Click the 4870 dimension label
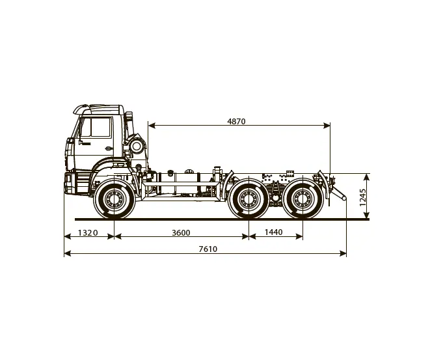(236, 121)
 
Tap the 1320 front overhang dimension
(88, 232)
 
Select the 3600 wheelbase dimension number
(181, 232)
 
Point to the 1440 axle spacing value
(274, 232)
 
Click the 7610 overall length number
(208, 249)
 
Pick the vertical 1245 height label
(363, 197)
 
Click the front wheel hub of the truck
(114, 198)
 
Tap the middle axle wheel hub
(249, 198)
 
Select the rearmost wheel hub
(302, 198)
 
